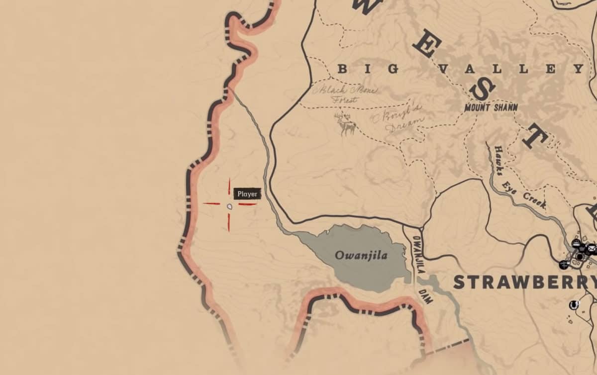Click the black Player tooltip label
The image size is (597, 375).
[247, 194]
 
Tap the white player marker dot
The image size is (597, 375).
[229, 206]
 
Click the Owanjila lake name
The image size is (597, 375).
[361, 256]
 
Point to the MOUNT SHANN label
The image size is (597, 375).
[491, 107]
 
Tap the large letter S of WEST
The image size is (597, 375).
[482, 91]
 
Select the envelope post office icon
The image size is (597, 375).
[591, 247]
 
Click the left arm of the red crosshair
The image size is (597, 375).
[211, 203]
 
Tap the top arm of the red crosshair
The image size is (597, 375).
[229, 186]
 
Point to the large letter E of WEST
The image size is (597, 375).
[424, 46]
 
